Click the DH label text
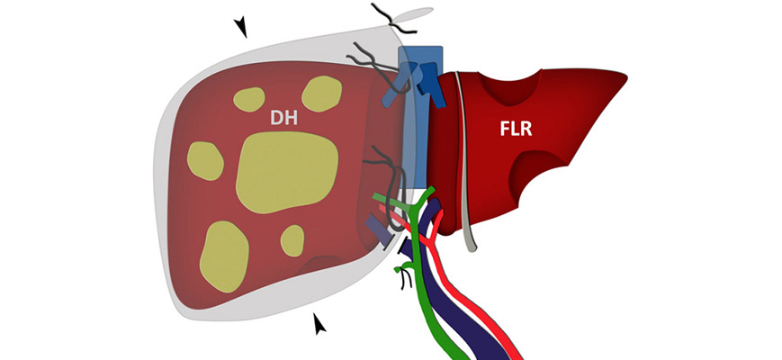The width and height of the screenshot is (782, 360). pyautogui.click(x=287, y=117)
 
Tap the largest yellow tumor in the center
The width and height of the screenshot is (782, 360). pyautogui.click(x=287, y=171)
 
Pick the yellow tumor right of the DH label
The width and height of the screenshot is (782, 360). pyautogui.click(x=322, y=94)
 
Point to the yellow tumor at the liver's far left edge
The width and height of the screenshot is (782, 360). pyautogui.click(x=204, y=161)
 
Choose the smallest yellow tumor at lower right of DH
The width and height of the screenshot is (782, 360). pyautogui.click(x=292, y=240)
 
